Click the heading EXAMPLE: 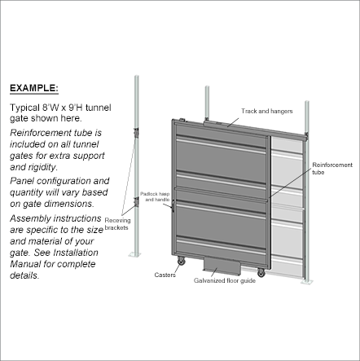pos(34,88)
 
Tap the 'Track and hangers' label pos(267,111)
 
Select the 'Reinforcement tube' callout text pos(332,169)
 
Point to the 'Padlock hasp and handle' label pos(155,196)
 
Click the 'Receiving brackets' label pos(117,224)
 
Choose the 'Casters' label pos(165,275)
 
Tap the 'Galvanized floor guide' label pos(225,280)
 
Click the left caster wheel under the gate pos(181,262)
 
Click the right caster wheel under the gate pos(261,272)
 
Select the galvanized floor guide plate pos(222,265)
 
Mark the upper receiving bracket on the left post pos(136,133)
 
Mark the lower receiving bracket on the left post pos(136,202)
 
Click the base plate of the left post pos(134,254)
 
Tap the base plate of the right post pos(307,282)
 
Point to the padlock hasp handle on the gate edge pos(173,205)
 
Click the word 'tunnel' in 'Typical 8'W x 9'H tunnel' pos(99,108)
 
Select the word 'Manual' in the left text pos(25,264)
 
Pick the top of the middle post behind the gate pos(207,87)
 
